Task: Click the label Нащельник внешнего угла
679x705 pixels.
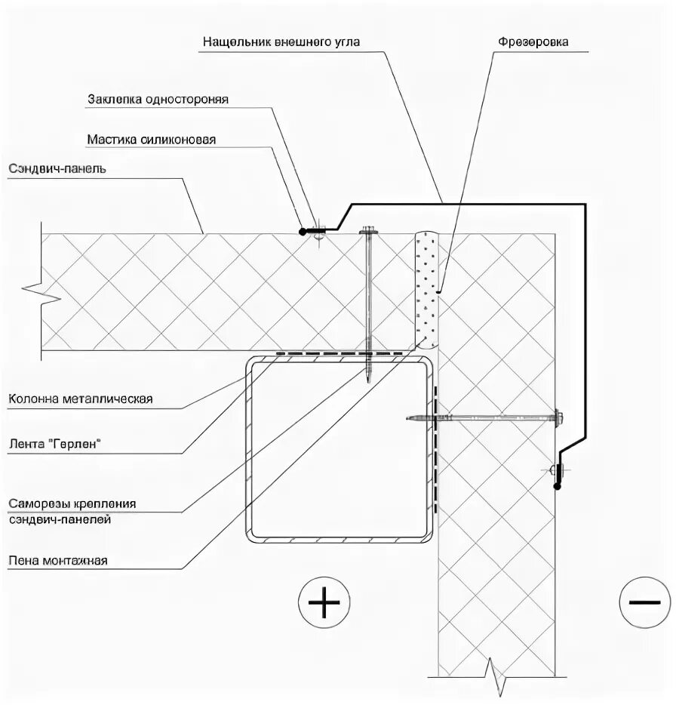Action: (281, 42)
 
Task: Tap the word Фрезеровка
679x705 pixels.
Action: (531, 42)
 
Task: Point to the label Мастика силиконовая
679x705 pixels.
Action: (152, 139)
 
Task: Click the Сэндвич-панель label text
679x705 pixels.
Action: (58, 168)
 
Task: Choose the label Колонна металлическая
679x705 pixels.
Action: (81, 399)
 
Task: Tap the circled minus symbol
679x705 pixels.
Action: (644, 602)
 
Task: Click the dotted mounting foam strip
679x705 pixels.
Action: (427, 291)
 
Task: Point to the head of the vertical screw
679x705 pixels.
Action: (368, 232)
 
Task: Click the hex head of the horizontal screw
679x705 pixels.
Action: (559, 415)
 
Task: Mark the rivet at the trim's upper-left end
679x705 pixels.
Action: (315, 231)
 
